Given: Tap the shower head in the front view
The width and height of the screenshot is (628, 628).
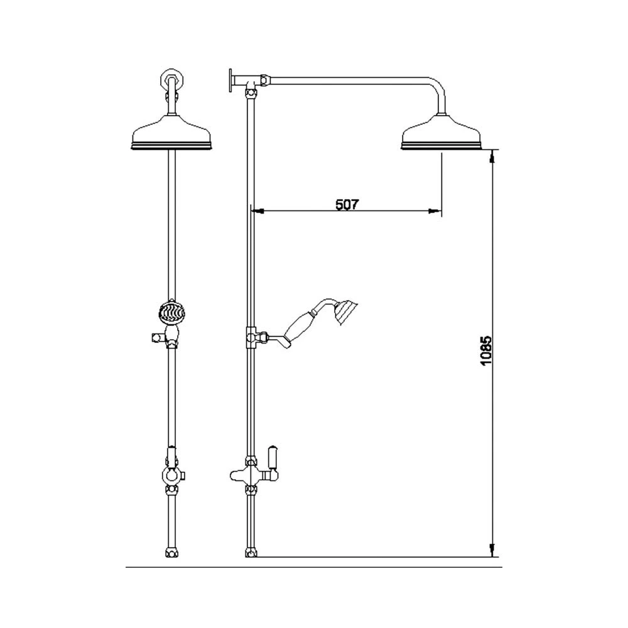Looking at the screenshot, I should pos(173,133).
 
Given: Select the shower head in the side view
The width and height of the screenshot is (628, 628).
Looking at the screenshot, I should pos(442,133).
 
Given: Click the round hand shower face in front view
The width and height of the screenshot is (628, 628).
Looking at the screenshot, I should pos(171,313).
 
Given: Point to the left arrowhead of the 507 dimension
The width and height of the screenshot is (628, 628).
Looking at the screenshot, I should pos(256,212).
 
